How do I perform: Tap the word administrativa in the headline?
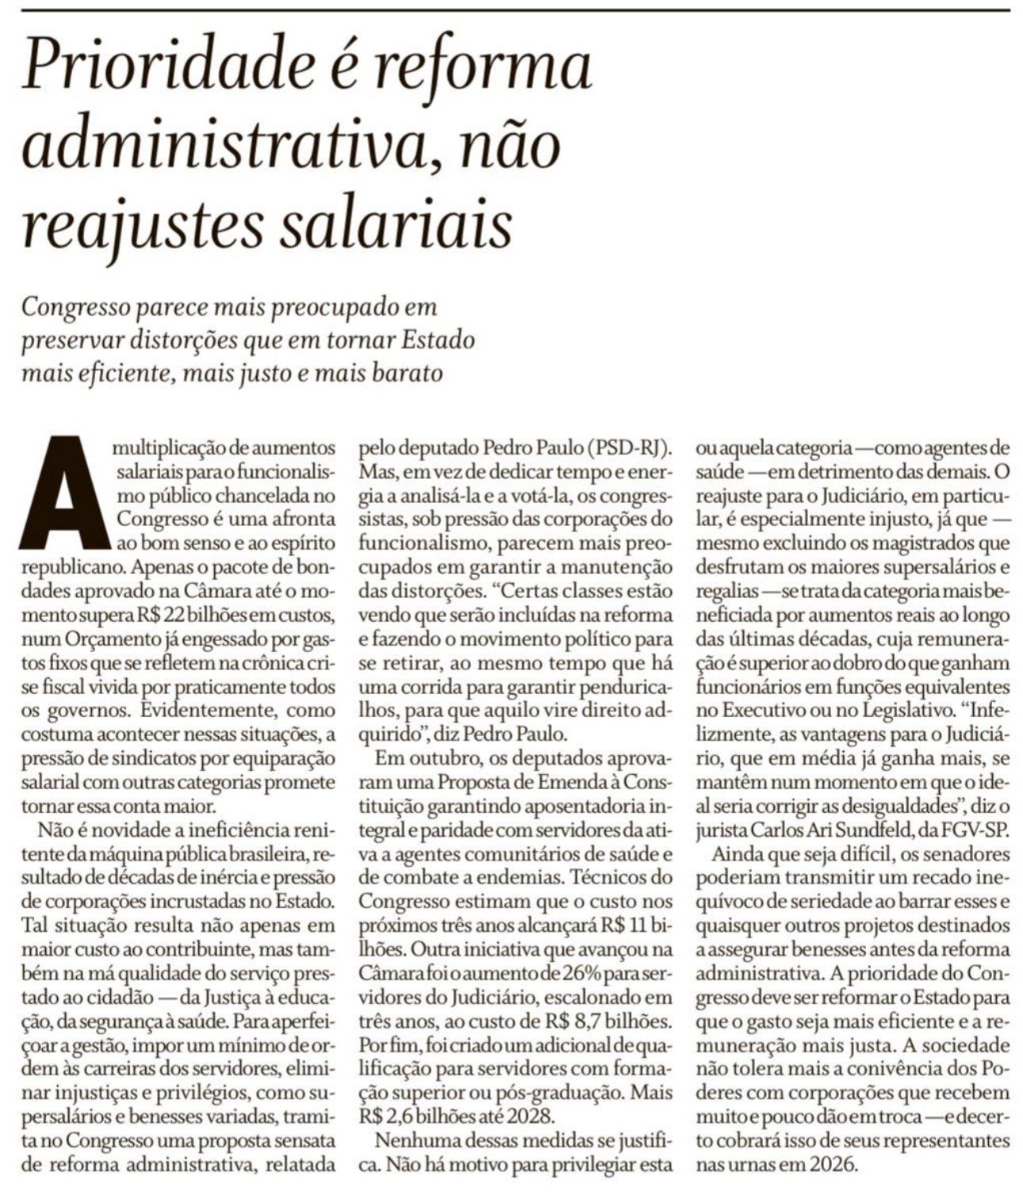(x=231, y=146)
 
